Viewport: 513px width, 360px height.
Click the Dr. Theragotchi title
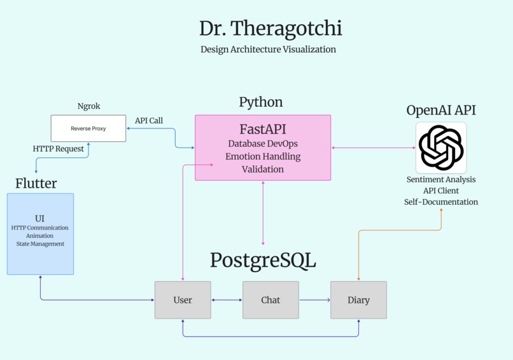pos(271,29)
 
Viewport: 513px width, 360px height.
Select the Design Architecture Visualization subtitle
pos(268,50)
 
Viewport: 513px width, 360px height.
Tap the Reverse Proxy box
pos(88,128)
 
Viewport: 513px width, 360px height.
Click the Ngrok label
pos(88,106)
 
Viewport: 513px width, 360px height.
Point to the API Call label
pos(149,121)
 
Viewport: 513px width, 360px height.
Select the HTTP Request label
pos(59,149)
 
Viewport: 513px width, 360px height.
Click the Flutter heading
pos(36,184)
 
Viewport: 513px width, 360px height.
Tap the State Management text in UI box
pos(40,244)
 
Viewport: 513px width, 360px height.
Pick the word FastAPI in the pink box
pos(262,130)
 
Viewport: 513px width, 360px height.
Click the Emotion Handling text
pos(262,156)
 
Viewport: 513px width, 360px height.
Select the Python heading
pos(261,102)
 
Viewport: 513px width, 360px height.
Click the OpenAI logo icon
pos(441,148)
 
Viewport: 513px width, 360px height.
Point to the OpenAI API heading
pos(441,110)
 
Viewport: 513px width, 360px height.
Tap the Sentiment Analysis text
pos(441,180)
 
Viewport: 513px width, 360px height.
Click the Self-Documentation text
pos(441,202)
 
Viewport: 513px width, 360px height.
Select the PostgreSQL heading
pos(263,261)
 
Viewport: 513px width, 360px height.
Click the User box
pos(183,300)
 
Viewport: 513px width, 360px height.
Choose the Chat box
pos(271,300)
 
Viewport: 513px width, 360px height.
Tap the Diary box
pos(358,300)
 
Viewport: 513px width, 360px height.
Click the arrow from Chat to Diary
pos(314,300)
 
